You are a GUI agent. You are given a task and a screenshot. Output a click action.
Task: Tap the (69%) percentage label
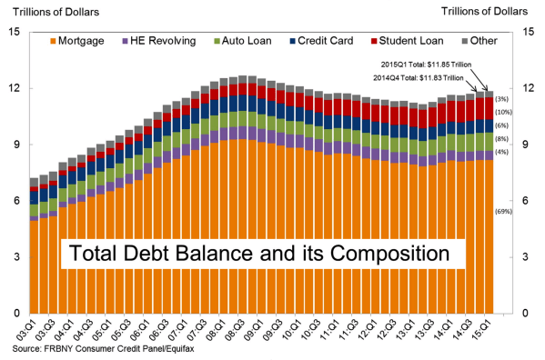pyautogui.click(x=503, y=212)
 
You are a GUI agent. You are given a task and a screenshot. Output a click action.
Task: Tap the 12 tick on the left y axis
pyautogui.click(x=14, y=88)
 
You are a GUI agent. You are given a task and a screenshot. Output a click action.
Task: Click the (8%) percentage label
pyautogui.click(x=503, y=139)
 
